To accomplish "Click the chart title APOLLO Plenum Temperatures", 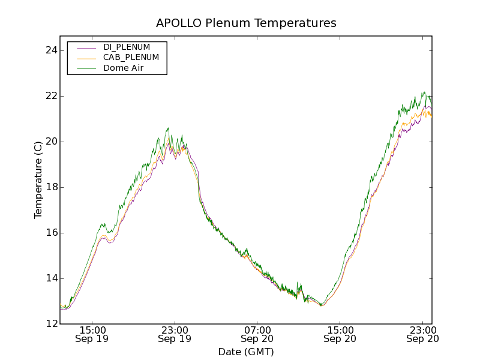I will (246, 23).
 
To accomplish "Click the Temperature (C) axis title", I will (38, 180).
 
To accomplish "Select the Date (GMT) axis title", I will (246, 352).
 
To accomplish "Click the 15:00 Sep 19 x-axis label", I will (92, 334).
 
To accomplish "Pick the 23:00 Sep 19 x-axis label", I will (175, 334).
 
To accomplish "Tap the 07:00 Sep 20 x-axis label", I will (257, 334).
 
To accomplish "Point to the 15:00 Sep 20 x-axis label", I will (340, 334).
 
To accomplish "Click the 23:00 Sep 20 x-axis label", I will (422, 334).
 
